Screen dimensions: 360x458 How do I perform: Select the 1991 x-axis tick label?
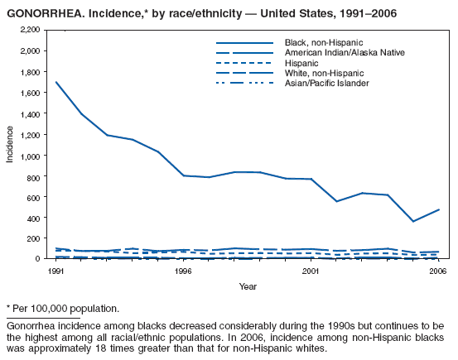tap(57, 271)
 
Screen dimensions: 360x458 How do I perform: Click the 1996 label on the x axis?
tap(184, 271)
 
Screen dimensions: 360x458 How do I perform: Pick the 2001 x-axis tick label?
tap(311, 271)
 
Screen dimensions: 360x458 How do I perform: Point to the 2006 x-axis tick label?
tap(437, 271)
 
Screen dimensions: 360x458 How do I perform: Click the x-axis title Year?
tap(248, 286)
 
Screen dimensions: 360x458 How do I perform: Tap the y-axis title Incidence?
tap(11, 144)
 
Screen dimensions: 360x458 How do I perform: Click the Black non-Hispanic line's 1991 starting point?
tap(57, 82)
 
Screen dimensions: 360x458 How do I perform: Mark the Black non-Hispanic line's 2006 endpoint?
tap(438, 209)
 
